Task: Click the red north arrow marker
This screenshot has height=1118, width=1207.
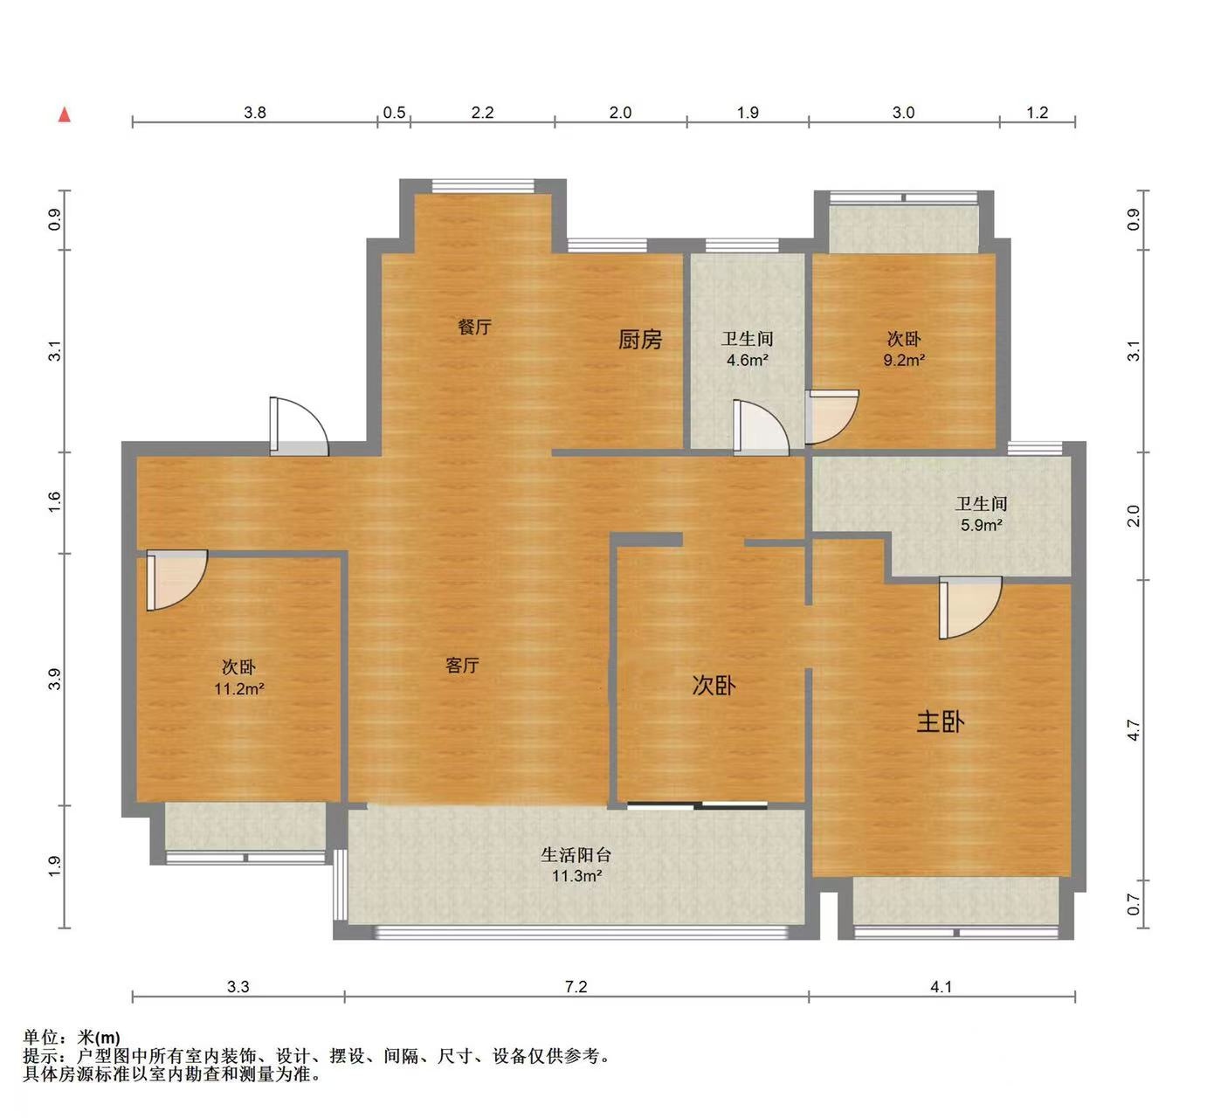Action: pos(64,114)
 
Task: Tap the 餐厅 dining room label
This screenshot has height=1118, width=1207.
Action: pos(474,327)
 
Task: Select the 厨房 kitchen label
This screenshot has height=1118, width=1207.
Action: pos(639,339)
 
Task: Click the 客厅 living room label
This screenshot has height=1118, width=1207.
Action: pos(462,666)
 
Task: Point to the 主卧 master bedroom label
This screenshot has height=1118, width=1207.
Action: pos(940,721)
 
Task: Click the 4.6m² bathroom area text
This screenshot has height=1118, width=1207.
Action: pos(747,360)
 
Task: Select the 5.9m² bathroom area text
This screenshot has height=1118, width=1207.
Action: pos(981,525)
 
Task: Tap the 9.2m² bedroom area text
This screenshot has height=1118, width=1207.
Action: pos(903,360)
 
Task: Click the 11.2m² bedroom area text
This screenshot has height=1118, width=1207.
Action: pos(238,688)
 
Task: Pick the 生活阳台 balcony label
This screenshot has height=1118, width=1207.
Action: pos(576,854)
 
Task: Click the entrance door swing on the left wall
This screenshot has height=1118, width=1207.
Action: pos(297,426)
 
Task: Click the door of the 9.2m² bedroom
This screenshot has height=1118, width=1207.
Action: pos(831,417)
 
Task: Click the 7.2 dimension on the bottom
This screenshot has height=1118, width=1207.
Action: pos(576,986)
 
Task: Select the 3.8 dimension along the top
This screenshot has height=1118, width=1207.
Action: pos(254,112)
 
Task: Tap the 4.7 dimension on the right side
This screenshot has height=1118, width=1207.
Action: pos(1133,730)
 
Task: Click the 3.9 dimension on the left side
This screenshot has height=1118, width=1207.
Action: pos(54,679)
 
